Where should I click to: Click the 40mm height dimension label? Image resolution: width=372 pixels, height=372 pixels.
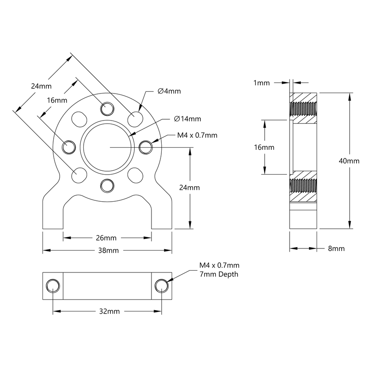point(349,161)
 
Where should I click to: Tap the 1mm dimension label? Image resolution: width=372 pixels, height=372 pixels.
point(262,83)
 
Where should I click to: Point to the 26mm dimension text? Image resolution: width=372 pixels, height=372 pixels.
point(107,237)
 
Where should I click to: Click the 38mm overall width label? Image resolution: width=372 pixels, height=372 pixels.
point(107,250)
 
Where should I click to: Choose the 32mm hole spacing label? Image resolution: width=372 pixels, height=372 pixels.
point(107,311)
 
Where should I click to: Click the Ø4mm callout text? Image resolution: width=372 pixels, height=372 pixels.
point(169,91)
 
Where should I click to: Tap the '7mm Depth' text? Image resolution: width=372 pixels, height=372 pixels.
point(219,274)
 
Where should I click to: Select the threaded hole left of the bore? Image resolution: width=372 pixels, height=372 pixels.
point(68,147)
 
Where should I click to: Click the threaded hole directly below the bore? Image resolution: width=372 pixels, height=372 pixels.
point(107,185)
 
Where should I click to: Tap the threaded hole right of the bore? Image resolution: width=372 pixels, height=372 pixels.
point(146,147)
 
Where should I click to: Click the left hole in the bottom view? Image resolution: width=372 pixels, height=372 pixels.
point(53,285)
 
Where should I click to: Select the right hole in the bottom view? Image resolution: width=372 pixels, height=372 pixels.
point(161,285)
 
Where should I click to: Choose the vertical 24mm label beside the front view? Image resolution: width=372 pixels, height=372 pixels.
point(190,188)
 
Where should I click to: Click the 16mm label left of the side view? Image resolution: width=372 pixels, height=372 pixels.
point(264,147)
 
